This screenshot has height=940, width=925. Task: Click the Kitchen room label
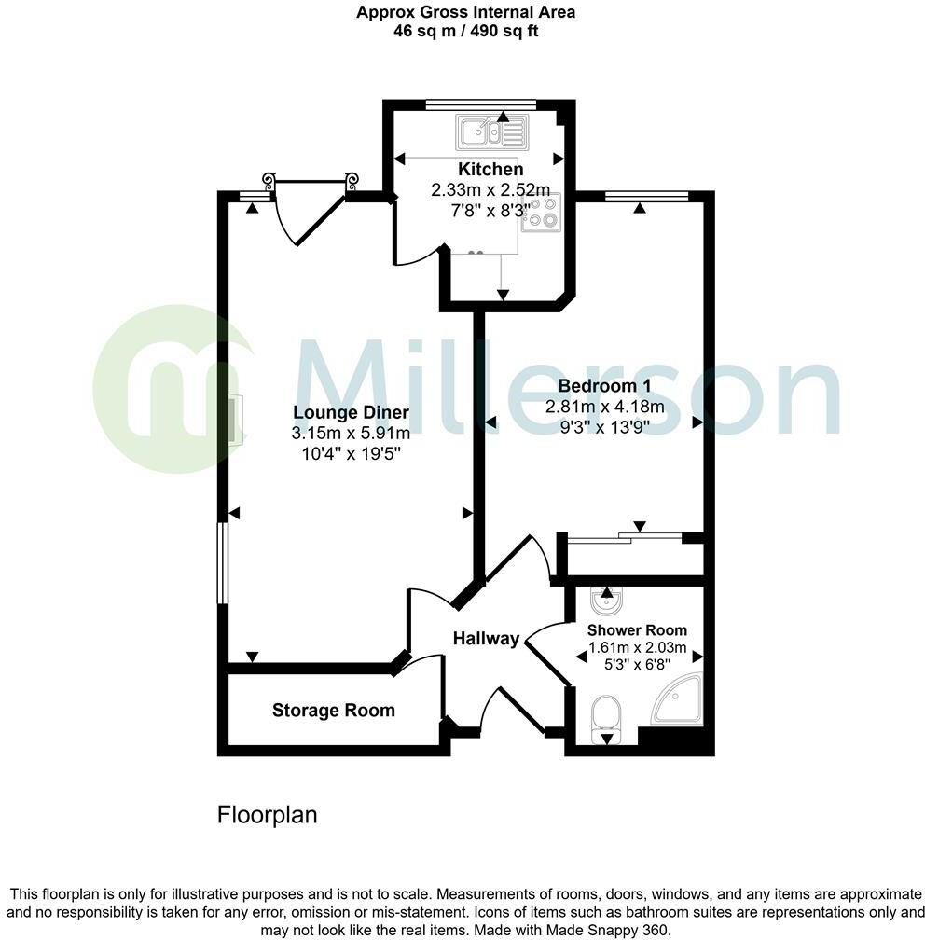pos(490,169)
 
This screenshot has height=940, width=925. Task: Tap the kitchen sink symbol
pos(490,132)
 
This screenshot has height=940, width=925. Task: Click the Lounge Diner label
pos(351,412)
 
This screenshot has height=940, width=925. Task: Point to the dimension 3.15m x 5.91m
pos(351,433)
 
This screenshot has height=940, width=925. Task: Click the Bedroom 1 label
pos(604,386)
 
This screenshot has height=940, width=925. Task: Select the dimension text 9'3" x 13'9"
pos(604,426)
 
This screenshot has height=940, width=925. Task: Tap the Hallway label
pos(486,639)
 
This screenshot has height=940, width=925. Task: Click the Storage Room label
pos(333,711)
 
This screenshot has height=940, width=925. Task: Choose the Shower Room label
pos(637,629)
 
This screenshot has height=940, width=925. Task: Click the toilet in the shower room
pos(607,715)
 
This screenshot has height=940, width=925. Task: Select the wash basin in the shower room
pos(607,601)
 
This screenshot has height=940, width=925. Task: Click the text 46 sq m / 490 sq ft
pos(465,31)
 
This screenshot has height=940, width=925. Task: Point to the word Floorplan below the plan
pos(267,815)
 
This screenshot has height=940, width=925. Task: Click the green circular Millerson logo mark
pos(173,387)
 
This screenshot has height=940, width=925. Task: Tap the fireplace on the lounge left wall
pos(237,421)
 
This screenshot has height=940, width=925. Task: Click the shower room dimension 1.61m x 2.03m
pos(637,648)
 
